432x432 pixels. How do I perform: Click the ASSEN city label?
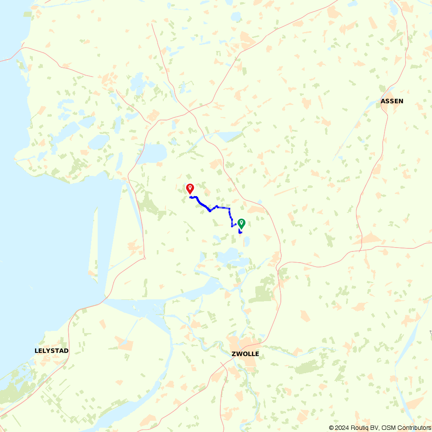click(x=392, y=101)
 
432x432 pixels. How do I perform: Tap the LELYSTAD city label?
click(x=51, y=350)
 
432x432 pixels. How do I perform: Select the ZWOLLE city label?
click(x=245, y=354)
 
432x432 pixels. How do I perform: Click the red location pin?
click(x=190, y=188)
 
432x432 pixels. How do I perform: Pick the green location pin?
click(x=241, y=223)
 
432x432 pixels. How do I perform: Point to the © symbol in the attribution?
click(x=331, y=428)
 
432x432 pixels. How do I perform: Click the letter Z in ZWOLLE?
click(x=233, y=354)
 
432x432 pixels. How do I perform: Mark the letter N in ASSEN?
click(x=401, y=101)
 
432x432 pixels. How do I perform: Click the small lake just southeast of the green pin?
click(x=247, y=241)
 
